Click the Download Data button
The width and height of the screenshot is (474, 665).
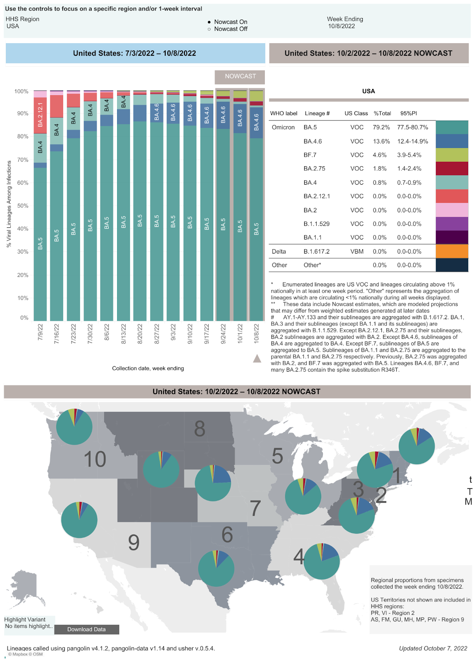pyautogui.click(x=86, y=629)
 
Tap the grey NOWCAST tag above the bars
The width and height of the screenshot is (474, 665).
pyautogui.click(x=240, y=76)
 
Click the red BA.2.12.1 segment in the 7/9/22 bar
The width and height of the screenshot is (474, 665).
pyautogui.click(x=40, y=115)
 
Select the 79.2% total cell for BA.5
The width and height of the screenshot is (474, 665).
pyautogui.click(x=381, y=128)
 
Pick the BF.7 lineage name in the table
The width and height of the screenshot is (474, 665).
pyautogui.click(x=310, y=155)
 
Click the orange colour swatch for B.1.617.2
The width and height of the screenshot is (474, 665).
pyautogui.click(x=452, y=251)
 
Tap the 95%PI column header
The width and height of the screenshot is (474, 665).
pyautogui.click(x=408, y=113)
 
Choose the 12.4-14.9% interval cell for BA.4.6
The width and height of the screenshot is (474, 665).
pyautogui.click(x=412, y=141)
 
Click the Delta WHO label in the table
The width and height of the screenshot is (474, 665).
pyautogui.click(x=279, y=251)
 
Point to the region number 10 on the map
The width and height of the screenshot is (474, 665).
pyautogui.click(x=95, y=459)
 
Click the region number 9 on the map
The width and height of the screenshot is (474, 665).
pyautogui.click(x=134, y=542)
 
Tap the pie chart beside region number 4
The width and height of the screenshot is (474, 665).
pyautogui.click(x=322, y=561)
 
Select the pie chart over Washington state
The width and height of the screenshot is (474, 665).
pyautogui.click(x=74, y=426)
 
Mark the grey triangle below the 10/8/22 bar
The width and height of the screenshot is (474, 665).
pyautogui.click(x=257, y=358)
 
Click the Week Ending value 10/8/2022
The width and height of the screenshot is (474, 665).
pyautogui.click(x=341, y=26)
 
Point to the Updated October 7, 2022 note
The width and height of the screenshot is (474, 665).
pyautogui.click(x=433, y=648)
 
